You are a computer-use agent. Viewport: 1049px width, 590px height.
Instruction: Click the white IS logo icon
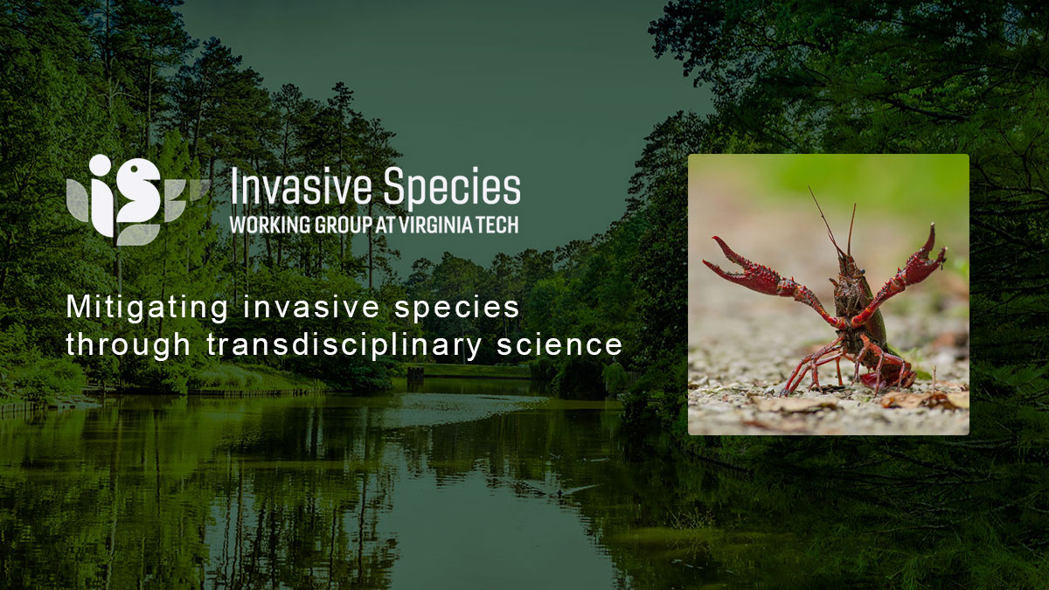click(x=131, y=196)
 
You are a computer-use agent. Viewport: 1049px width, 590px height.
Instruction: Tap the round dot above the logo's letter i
click(x=101, y=165)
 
